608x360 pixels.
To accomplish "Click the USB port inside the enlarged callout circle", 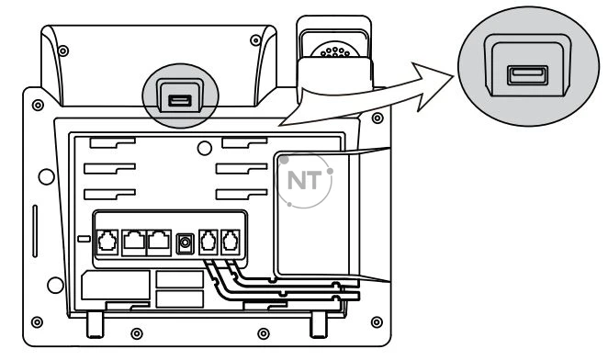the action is [527, 75].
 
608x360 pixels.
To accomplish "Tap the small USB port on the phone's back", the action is [180, 101].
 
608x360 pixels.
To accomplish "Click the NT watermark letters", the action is [304, 180].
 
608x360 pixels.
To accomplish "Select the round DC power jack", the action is [185, 243].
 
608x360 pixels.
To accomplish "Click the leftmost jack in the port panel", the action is [107, 242].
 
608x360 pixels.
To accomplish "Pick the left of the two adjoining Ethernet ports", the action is [134, 242].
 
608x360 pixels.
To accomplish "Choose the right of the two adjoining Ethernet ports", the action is [159, 242].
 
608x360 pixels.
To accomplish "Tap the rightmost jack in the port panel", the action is [231, 242].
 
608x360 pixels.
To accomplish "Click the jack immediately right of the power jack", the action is [208, 242].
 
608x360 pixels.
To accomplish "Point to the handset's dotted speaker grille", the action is [334, 51].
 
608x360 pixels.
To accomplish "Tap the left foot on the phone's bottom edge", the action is [95, 324].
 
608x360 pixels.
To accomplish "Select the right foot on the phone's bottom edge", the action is [319, 324].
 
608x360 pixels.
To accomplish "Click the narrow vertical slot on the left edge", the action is [35, 231].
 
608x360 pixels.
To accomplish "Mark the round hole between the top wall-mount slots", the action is [204, 148].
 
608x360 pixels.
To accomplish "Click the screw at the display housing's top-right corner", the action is [255, 40].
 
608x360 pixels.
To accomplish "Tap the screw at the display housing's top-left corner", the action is [63, 51].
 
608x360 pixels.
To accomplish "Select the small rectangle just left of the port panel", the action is [84, 239].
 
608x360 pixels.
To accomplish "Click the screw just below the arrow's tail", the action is [377, 118].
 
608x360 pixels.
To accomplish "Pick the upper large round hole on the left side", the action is [47, 176].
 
